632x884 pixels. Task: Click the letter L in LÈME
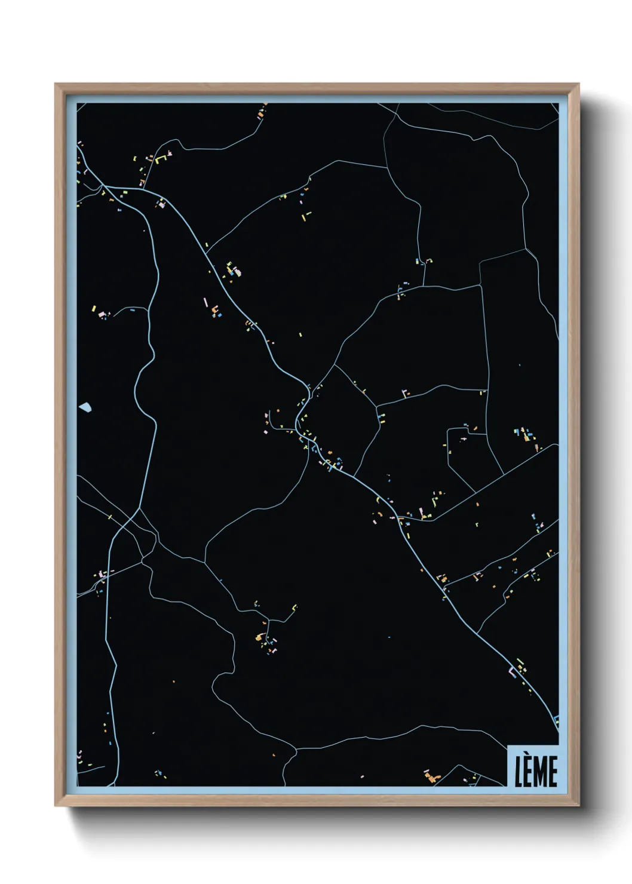pos(519,772)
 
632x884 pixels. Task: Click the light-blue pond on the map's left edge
pos(85,407)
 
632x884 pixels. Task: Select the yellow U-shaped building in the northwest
pos(160,159)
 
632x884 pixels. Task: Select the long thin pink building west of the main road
pos(206,302)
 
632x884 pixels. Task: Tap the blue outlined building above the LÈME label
pos(556,719)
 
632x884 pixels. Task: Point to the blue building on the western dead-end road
pos(131,310)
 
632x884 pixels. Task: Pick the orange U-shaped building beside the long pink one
pos(214,309)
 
